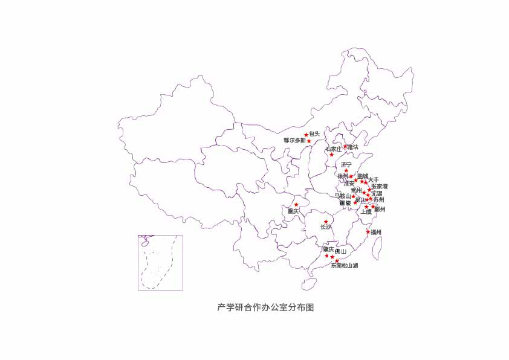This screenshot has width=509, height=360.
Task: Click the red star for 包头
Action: click(306, 135)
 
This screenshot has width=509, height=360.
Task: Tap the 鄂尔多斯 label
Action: click(295, 140)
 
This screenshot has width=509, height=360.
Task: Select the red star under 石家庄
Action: click(331, 155)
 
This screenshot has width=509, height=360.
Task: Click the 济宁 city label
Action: click(346, 164)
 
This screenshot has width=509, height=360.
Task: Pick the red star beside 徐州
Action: click(351, 176)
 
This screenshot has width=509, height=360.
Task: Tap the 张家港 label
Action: click(380, 187)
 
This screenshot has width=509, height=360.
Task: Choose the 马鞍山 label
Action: click(342, 196)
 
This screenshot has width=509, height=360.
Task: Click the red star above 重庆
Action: click(296, 205)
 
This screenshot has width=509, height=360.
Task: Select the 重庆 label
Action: click(293, 211)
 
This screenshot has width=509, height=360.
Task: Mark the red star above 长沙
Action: click(326, 222)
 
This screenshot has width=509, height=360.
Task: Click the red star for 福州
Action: click(368, 231)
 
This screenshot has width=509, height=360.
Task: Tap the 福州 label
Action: click(376, 232)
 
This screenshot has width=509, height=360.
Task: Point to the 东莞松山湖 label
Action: click(344, 265)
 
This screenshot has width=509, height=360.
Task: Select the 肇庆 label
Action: click(328, 249)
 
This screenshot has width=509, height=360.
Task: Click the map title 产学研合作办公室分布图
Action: click(266, 307)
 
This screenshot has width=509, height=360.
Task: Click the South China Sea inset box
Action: click(160, 263)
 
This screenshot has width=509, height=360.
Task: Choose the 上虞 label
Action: click(366, 212)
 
